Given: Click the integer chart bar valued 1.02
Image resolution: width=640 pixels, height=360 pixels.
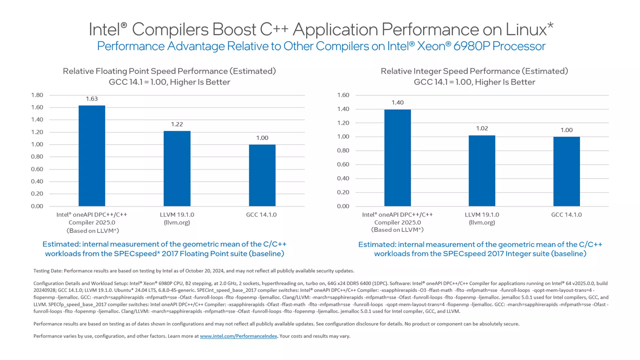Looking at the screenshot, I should click(x=482, y=171).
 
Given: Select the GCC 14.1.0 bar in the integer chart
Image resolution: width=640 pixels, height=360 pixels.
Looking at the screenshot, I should click(x=566, y=171).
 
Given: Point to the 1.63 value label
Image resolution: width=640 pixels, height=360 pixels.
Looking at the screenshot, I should click(x=92, y=99).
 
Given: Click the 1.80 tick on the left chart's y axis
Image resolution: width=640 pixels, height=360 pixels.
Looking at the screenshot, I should click(x=37, y=95).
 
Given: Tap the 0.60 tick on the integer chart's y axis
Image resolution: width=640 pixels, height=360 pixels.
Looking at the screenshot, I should click(x=343, y=164).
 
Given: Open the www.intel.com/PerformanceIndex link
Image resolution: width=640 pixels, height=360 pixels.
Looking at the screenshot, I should click(x=238, y=336).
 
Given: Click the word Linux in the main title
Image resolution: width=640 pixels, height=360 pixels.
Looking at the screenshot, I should click(x=526, y=29).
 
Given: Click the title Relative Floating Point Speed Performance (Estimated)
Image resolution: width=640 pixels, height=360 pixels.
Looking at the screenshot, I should click(x=169, y=71).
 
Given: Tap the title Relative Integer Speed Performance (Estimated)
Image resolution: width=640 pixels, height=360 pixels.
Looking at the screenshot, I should click(x=474, y=71).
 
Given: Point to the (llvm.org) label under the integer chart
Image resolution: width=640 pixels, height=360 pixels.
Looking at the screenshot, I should click(x=482, y=222).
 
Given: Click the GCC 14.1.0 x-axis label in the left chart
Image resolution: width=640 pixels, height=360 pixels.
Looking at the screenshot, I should click(x=261, y=215).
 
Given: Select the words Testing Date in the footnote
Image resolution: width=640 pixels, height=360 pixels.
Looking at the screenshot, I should click(x=48, y=271).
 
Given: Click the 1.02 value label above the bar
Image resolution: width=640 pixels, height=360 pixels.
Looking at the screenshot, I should click(x=482, y=128).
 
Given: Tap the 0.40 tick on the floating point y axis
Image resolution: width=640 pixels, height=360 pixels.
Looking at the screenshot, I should click(x=37, y=181).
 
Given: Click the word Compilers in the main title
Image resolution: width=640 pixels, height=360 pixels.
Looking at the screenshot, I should click(x=170, y=29).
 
